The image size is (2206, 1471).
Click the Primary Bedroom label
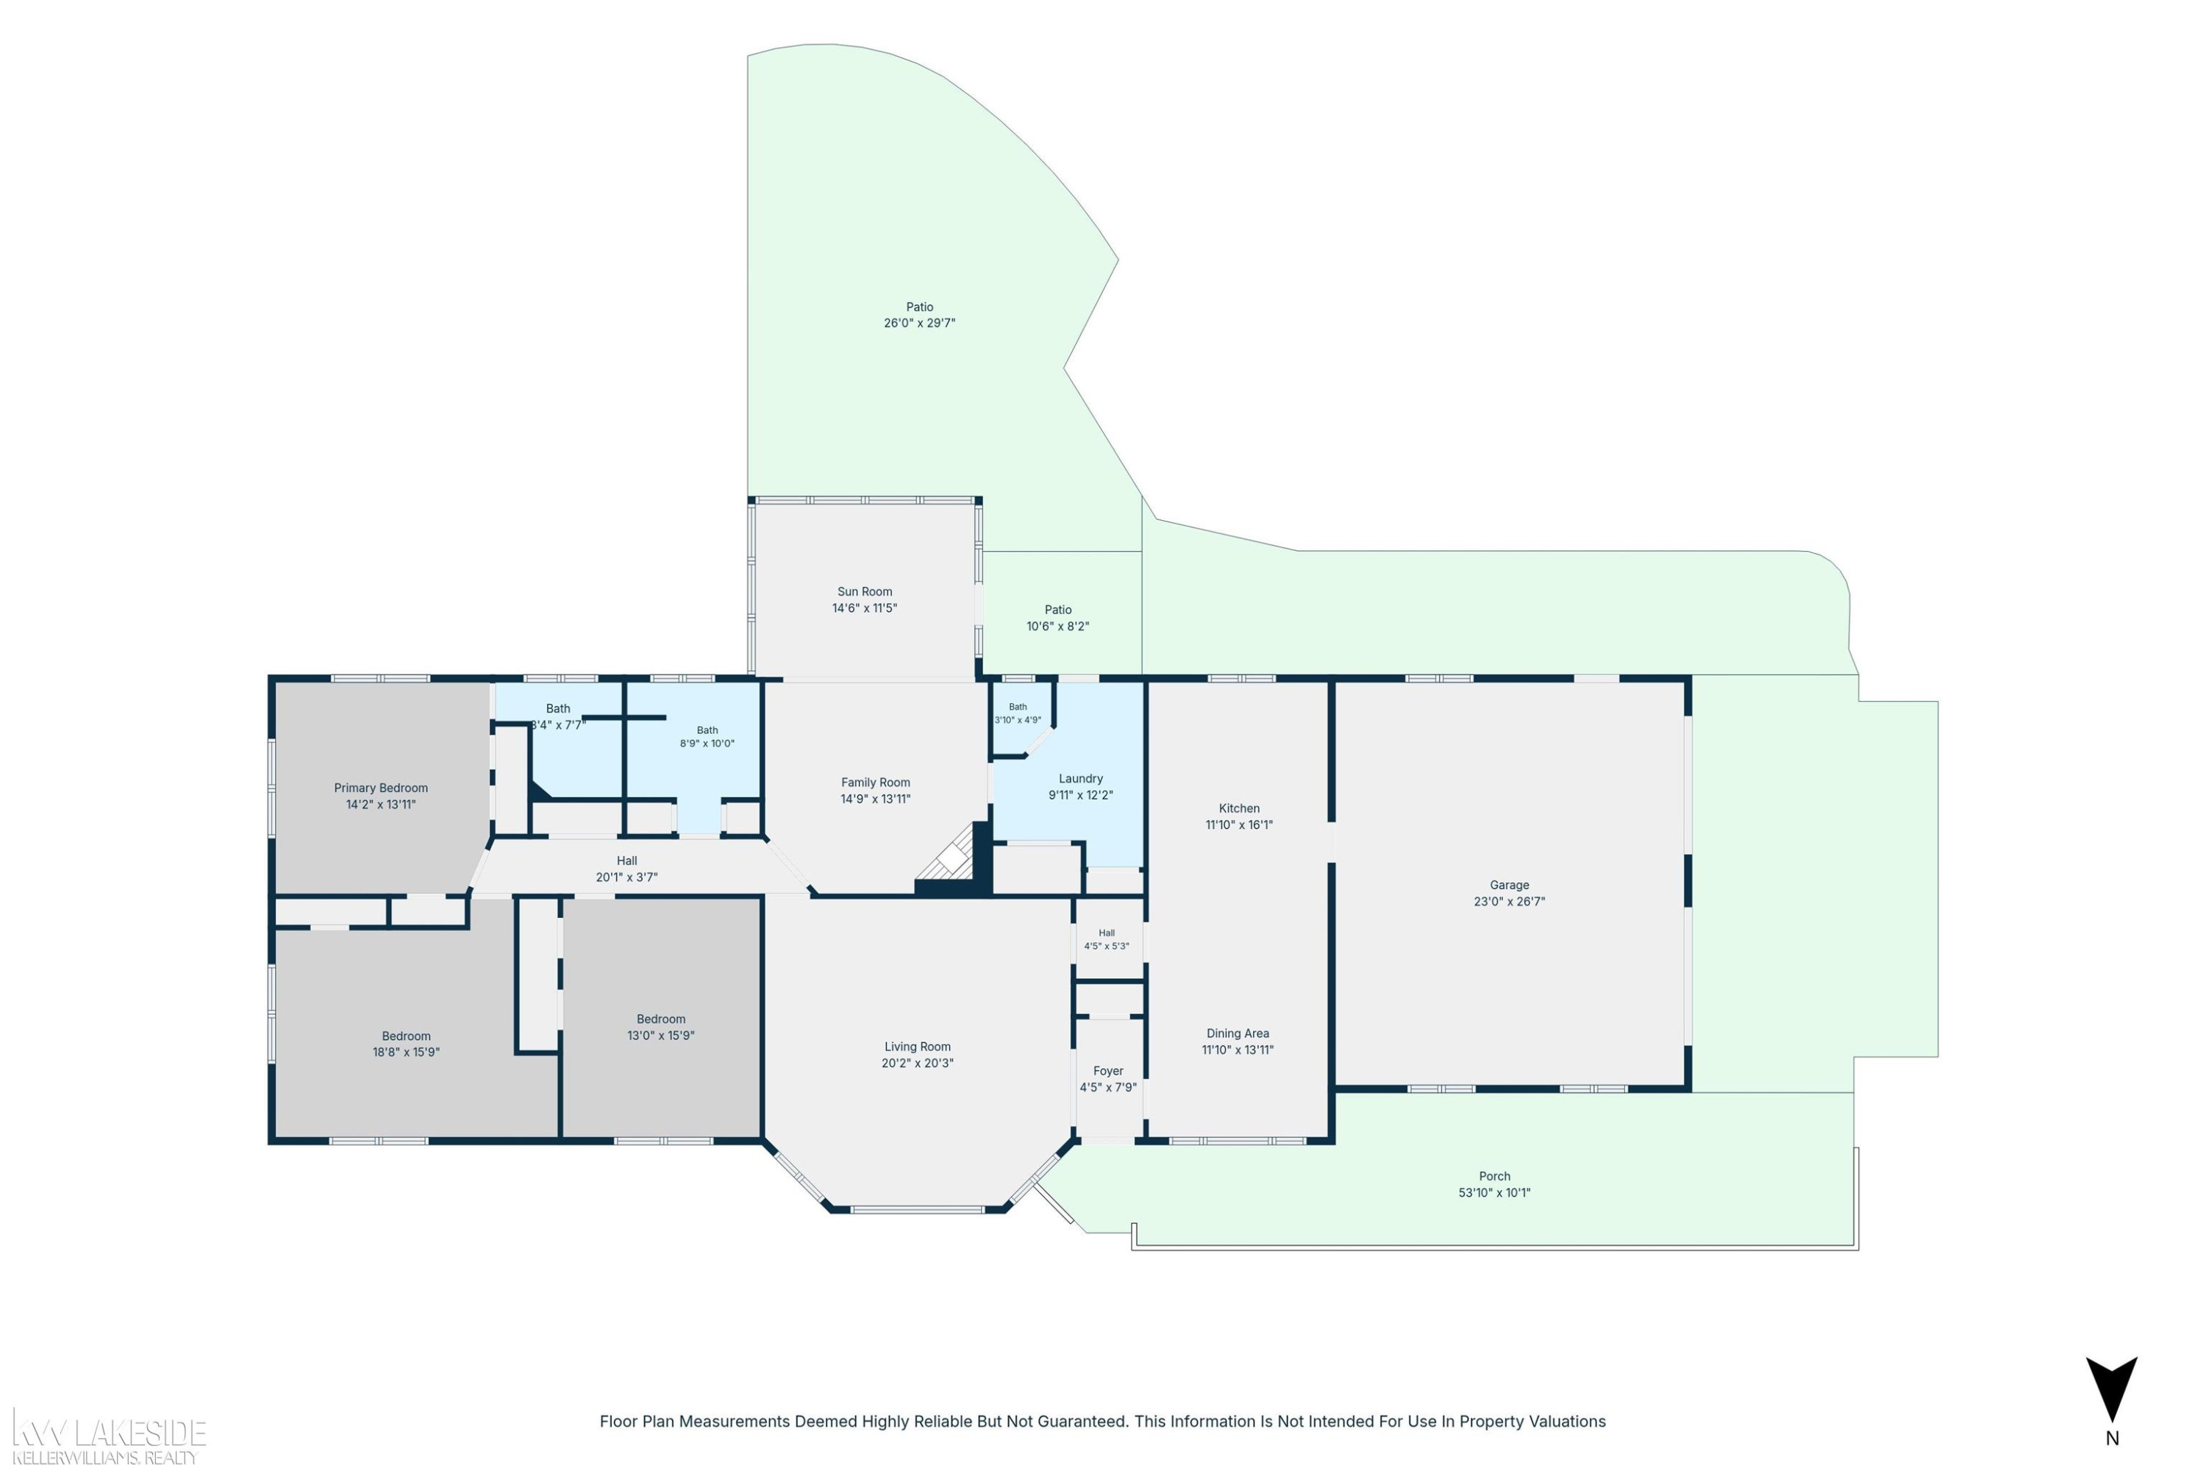click(381, 788)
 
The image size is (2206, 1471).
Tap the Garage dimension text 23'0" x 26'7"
click(1509, 902)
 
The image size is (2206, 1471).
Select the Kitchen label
click(1239, 808)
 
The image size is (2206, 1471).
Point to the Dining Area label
click(1238, 1034)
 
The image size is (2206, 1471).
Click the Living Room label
click(917, 1047)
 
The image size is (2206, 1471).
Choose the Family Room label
click(875, 783)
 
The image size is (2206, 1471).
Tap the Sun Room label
click(865, 592)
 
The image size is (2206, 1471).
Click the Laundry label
click(1080, 779)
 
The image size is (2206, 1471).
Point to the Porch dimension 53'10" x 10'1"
click(1494, 1193)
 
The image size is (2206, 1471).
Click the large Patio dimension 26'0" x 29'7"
click(919, 323)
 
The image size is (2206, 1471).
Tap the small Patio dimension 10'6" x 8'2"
click(1058, 627)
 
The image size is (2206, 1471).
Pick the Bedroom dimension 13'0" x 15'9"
click(660, 1036)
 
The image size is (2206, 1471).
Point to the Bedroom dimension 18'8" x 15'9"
click(406, 1053)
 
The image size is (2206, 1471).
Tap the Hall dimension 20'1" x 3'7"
click(627, 877)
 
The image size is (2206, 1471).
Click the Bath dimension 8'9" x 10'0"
click(707, 744)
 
